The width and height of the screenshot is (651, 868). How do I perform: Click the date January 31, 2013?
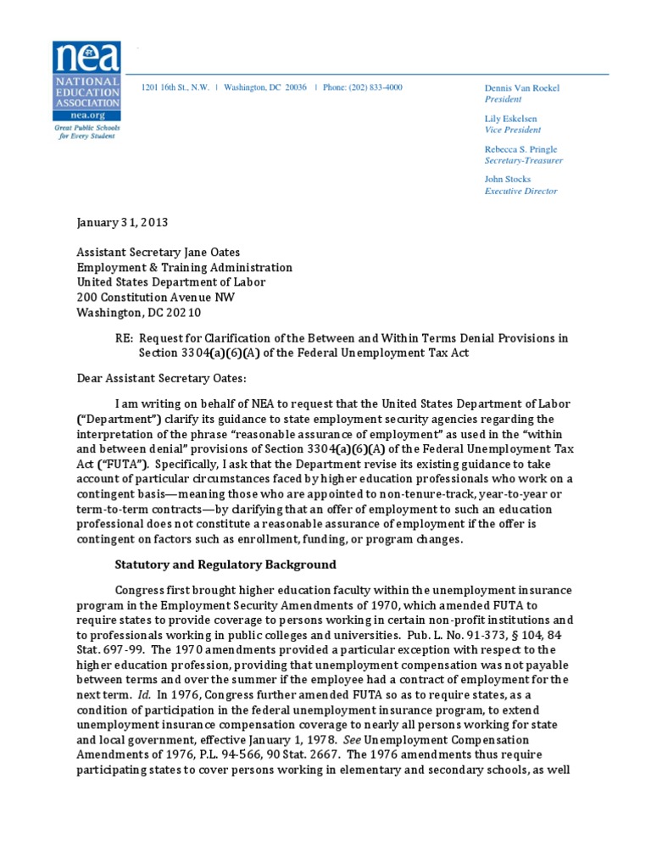pyautogui.click(x=122, y=223)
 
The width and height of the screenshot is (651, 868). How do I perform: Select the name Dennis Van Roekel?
pyautogui.click(x=522, y=87)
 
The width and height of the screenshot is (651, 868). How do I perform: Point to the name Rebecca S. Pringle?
pyautogui.click(x=520, y=149)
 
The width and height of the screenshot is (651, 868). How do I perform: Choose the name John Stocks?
pyautogui.click(x=508, y=179)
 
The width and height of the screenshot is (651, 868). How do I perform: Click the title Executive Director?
pyautogui.click(x=520, y=191)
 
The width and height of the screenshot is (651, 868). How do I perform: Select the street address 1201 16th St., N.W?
pyautogui.click(x=176, y=87)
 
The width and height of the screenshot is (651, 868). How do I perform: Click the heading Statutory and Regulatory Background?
pyautogui.click(x=225, y=565)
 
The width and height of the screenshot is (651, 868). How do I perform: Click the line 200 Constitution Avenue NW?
pyautogui.click(x=157, y=298)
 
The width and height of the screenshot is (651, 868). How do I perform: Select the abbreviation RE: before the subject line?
pyautogui.click(x=124, y=337)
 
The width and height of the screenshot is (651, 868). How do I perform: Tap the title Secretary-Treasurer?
pyautogui.click(x=523, y=160)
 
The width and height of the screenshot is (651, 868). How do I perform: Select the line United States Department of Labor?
pyautogui.click(x=170, y=282)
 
